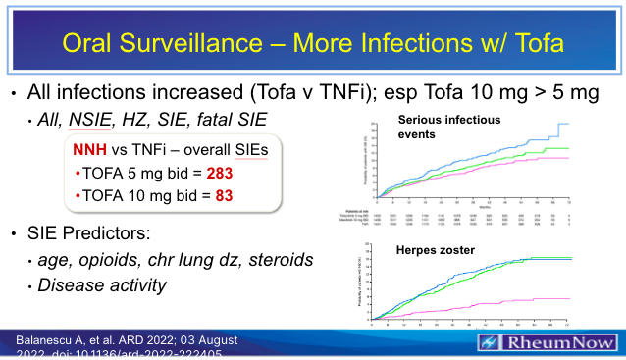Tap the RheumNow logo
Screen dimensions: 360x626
pos(549,343)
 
